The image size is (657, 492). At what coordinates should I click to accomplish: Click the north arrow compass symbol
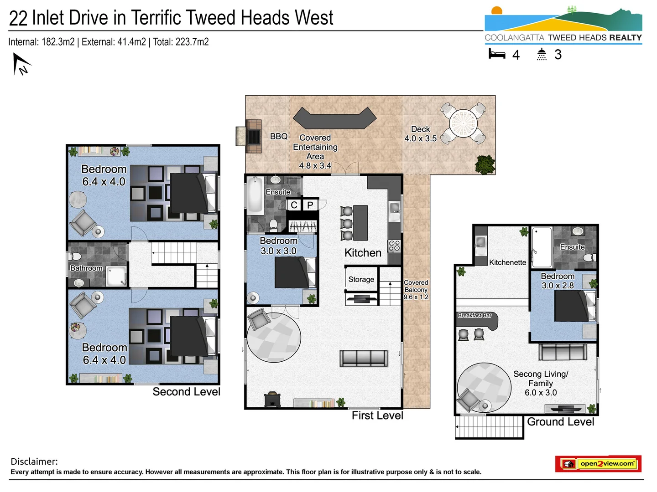pyautogui.click(x=21, y=64)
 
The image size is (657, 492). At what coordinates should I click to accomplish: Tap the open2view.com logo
pyautogui.click(x=598, y=464)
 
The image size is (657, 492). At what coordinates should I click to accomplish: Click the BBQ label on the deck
pyautogui.click(x=279, y=136)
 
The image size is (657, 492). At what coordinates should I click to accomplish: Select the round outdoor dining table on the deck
pyautogui.click(x=463, y=122)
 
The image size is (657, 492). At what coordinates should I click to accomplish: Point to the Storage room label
pyautogui.click(x=361, y=279)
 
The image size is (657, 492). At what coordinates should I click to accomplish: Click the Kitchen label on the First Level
pyautogui.click(x=363, y=253)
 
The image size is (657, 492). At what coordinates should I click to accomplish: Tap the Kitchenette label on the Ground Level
pyautogui.click(x=507, y=262)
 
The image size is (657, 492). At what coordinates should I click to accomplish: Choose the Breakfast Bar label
pyautogui.click(x=474, y=315)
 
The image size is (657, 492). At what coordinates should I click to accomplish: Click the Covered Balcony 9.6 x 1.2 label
pyautogui.click(x=416, y=290)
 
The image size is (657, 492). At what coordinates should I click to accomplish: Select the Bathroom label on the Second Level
pyautogui.click(x=86, y=268)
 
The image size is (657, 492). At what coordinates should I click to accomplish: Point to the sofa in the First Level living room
pyautogui.click(x=364, y=358)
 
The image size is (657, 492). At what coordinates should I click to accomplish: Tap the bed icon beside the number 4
pyautogui.click(x=497, y=55)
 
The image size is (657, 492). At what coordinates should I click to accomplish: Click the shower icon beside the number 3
pyautogui.click(x=542, y=55)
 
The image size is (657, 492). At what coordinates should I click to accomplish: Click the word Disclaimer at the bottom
pyautogui.click(x=34, y=461)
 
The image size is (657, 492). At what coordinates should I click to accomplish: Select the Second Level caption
pyautogui.click(x=186, y=392)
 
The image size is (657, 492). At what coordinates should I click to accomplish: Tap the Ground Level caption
pyautogui.click(x=560, y=422)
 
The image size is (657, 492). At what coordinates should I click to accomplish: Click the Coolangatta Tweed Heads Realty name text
pyautogui.click(x=563, y=38)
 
